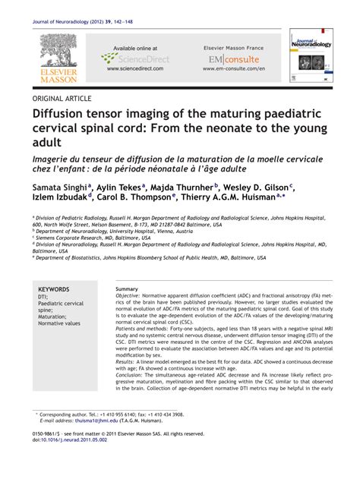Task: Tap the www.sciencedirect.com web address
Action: point(134,68)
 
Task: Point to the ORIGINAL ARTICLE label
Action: point(62,99)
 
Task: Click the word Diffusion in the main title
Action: point(65,115)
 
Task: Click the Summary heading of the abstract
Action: point(127,289)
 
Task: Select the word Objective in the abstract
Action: point(130,298)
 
